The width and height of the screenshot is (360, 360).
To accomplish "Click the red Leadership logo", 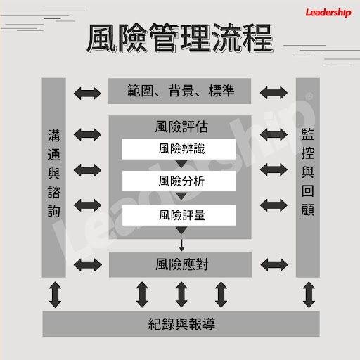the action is (x=328, y=13).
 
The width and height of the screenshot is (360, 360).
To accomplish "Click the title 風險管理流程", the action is (x=180, y=38).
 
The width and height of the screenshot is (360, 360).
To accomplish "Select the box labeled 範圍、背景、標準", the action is (x=179, y=91).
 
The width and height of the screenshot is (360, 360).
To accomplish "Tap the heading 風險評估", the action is (x=181, y=127).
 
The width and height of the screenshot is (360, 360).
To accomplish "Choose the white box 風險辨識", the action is (x=179, y=149).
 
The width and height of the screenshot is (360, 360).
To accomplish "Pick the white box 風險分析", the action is (x=179, y=181).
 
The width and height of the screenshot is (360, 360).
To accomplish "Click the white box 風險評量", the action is (x=179, y=215).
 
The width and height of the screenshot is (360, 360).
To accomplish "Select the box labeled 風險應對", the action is (x=180, y=264).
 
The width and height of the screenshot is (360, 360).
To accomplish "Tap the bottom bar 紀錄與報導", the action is (x=181, y=324).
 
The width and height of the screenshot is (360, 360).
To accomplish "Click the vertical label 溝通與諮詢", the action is (x=54, y=174).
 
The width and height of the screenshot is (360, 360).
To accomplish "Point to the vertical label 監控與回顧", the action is (x=308, y=172).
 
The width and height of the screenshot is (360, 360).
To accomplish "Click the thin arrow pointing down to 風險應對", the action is (x=181, y=245).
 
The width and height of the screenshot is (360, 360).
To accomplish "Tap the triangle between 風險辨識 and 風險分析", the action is (x=181, y=164).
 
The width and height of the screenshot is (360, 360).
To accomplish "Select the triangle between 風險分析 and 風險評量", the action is (x=181, y=196).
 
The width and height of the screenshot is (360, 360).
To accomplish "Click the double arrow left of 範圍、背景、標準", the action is (x=87, y=94).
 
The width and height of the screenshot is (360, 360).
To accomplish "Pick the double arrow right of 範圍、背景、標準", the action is (x=274, y=93).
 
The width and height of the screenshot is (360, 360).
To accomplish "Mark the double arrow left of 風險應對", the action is (x=88, y=265).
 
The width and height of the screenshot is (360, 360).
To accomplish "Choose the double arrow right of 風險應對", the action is (x=274, y=265).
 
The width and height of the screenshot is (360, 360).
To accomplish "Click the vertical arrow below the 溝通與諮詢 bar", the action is (x=56, y=295).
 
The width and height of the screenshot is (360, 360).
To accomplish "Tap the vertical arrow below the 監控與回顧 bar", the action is (x=309, y=295).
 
